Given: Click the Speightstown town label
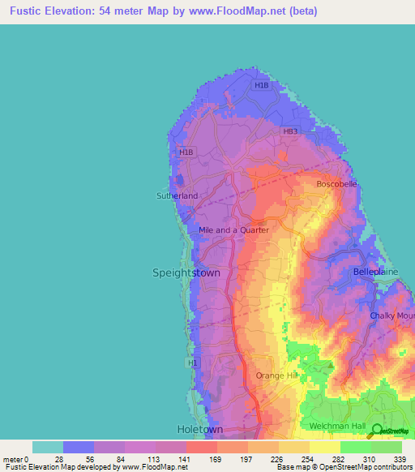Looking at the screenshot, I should pos(186,273).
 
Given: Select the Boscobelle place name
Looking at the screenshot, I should pos(336,184).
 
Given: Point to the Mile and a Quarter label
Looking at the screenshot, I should pos(233,230).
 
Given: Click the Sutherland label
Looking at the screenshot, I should pos(177,195).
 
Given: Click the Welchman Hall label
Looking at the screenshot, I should pos(338,426).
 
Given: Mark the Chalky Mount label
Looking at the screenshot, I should pos(392,315).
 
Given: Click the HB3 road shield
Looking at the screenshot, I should pos(290,131).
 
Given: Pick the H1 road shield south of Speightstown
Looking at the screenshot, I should pos(193,363).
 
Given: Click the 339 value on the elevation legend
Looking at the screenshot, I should pos(400,459).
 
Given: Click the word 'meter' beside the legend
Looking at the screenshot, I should pos(13,459).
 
